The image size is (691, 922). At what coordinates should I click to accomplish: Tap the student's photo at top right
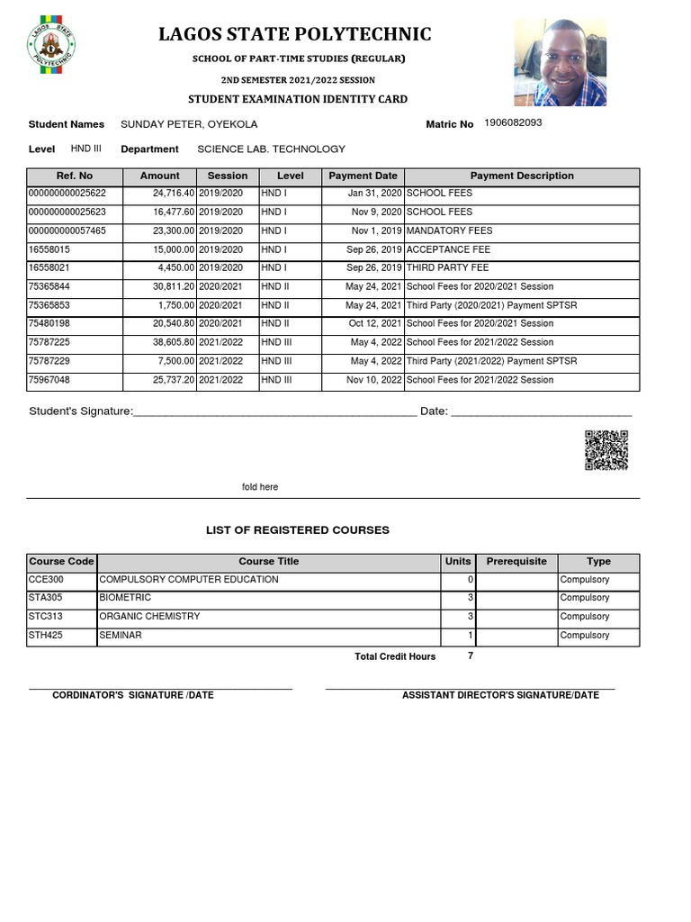click(x=560, y=62)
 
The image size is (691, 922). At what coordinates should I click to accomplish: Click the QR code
click(x=606, y=450)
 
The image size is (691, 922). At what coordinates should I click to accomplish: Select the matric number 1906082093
click(x=513, y=122)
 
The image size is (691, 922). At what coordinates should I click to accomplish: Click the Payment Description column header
click(x=522, y=176)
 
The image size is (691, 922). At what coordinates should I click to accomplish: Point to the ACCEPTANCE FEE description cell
click(x=448, y=249)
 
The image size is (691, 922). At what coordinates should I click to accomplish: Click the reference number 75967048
click(x=49, y=380)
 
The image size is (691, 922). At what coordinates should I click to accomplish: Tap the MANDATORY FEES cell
click(x=449, y=230)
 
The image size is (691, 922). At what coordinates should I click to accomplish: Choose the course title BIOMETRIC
click(x=125, y=598)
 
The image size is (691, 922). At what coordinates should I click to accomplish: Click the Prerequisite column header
click(x=516, y=561)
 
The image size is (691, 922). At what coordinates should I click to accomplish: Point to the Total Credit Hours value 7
click(x=470, y=655)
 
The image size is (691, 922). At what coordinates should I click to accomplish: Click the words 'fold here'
click(x=260, y=487)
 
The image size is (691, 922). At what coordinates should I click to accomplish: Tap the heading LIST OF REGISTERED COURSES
click(x=298, y=530)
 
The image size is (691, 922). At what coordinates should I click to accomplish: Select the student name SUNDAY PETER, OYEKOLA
click(x=183, y=124)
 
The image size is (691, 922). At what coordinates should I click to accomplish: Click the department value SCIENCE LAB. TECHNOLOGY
click(x=271, y=149)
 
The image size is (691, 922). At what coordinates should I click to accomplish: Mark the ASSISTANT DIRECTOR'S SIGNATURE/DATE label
click(x=499, y=695)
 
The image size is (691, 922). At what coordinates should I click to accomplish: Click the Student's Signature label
click(x=81, y=411)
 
